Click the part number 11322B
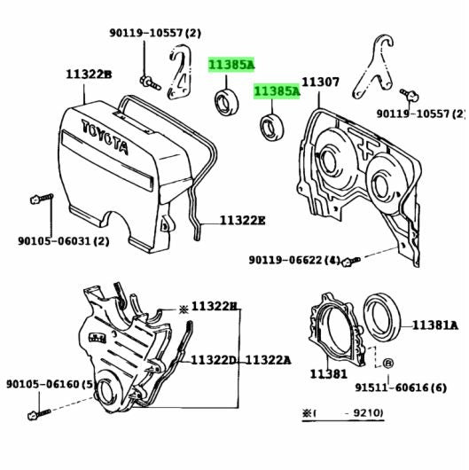89,74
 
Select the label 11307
320,82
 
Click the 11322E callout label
243,221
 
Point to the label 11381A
435,325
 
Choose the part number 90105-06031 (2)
64,241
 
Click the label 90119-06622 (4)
294,260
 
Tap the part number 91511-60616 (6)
401,388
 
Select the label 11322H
215,306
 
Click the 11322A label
269,360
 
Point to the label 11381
328,373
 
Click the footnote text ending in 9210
343,413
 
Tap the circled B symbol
388,364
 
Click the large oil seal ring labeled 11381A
368,317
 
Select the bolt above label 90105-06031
42,198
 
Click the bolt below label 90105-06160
39,414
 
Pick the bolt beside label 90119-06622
350,261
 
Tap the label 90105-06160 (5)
51,384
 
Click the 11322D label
214,360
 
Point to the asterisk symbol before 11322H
184,309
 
